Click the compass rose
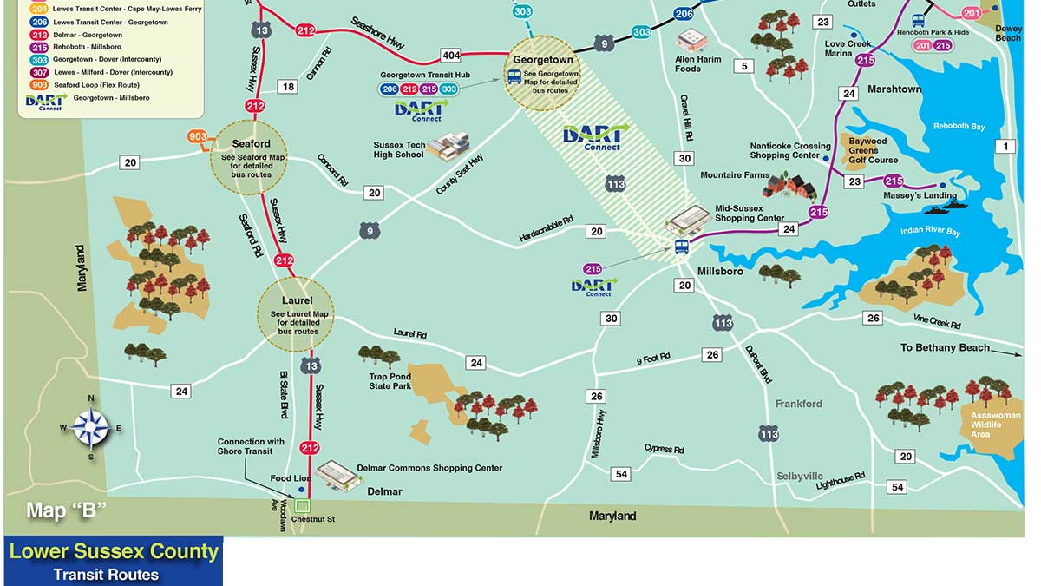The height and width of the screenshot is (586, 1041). click(x=91, y=427)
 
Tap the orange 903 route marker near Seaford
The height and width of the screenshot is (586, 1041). click(x=197, y=137)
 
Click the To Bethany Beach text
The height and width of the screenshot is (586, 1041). click(x=945, y=347)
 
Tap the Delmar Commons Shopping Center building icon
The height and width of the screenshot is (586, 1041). click(x=338, y=474)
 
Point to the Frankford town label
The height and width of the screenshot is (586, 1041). click(x=798, y=404)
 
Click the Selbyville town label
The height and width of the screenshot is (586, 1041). click(x=799, y=477)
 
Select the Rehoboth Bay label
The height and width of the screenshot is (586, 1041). click(x=959, y=127)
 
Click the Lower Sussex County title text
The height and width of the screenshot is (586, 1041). click(x=114, y=551)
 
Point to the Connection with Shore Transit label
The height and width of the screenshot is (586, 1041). click(x=251, y=446)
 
